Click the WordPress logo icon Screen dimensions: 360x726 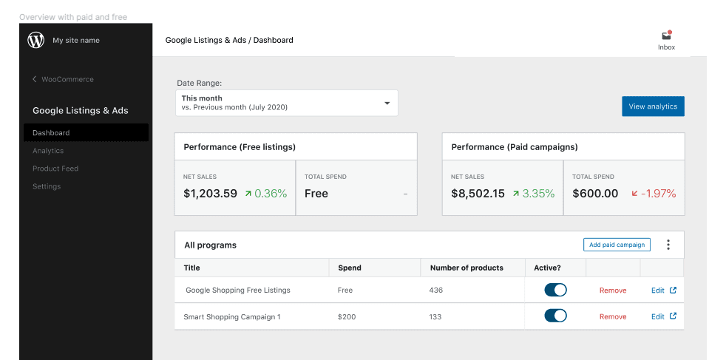pyautogui.click(x=35, y=41)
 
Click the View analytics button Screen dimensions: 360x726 pyautogui.click(x=653, y=106)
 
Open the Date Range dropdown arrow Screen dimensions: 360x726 pyautogui.click(x=387, y=103)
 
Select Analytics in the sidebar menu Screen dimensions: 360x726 pyautogui.click(x=48, y=151)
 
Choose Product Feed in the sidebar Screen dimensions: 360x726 pyautogui.click(x=55, y=169)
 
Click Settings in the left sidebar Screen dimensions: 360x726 pyautogui.click(x=47, y=186)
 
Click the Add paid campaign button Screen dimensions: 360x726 pyautogui.click(x=617, y=245)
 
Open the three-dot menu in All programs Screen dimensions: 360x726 pyautogui.click(x=668, y=245)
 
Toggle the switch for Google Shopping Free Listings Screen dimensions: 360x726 pyautogui.click(x=555, y=290)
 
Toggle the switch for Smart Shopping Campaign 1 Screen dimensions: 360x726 pyautogui.click(x=555, y=316)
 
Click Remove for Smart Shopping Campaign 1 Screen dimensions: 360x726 pyautogui.click(x=612, y=316)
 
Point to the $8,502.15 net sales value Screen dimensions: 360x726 pyautogui.click(x=478, y=194)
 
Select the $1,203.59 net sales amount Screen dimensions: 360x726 pyautogui.click(x=210, y=194)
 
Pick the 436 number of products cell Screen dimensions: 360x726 pyautogui.click(x=435, y=291)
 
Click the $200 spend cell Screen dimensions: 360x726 pyautogui.click(x=346, y=316)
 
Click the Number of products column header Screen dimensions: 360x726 pyautogui.click(x=466, y=268)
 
